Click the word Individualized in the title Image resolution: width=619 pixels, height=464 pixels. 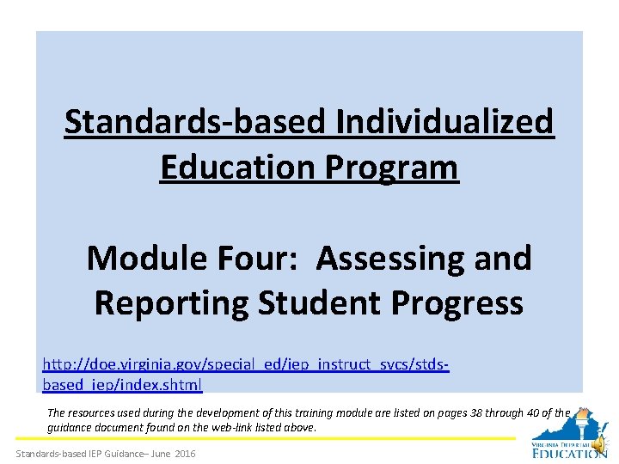tap(444, 122)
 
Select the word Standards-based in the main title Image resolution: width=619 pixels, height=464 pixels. tap(196, 122)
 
